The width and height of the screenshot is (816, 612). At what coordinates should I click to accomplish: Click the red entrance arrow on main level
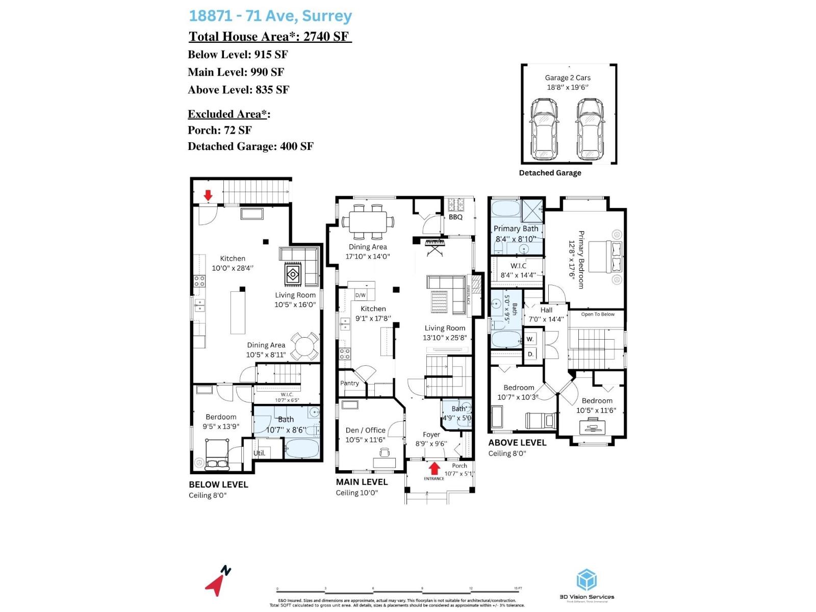tap(434, 468)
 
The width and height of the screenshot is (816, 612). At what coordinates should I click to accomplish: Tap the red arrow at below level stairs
tap(208, 195)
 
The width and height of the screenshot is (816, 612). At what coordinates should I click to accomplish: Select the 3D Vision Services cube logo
tap(586, 580)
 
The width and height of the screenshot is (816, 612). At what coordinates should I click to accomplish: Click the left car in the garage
tap(544, 129)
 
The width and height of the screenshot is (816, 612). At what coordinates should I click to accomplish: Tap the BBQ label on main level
tap(455, 217)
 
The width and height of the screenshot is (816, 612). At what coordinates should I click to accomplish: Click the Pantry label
tap(349, 383)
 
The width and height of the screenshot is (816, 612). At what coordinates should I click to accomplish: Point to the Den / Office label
tap(365, 430)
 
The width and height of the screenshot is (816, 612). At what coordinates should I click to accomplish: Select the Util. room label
tap(259, 453)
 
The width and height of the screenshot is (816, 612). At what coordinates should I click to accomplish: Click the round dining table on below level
tap(304, 347)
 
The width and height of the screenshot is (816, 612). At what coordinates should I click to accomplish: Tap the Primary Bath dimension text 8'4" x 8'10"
tap(516, 239)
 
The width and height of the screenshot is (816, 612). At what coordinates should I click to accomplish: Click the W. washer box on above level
tap(530, 339)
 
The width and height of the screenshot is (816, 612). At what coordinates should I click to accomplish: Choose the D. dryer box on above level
tap(530, 354)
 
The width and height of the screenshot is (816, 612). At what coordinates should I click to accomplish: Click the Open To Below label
tap(598, 314)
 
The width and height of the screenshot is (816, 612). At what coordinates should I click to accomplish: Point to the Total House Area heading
tap(269, 37)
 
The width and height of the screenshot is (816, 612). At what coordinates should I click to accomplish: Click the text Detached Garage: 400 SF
tap(250, 146)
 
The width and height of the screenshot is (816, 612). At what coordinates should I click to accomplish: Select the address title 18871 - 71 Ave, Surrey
tap(270, 16)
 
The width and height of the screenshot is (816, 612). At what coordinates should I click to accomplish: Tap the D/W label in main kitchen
tap(360, 295)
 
